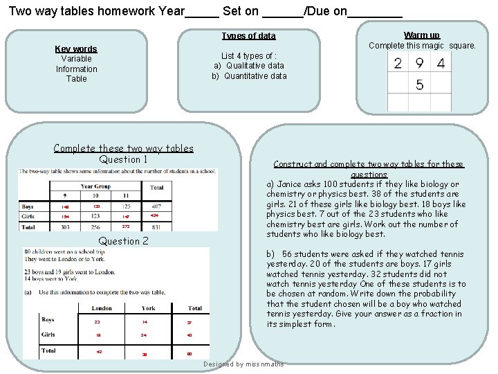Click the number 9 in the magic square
(419, 64)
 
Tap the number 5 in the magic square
(420, 85)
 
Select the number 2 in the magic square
(398, 64)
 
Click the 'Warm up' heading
(421, 35)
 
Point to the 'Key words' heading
(76, 48)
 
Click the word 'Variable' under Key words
(76, 59)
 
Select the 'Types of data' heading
(248, 36)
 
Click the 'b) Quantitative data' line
(249, 76)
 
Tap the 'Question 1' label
(124, 159)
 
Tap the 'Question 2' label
(124, 241)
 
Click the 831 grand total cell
(157, 227)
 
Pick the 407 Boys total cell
(157, 206)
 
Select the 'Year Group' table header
(95, 186)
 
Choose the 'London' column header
(101, 308)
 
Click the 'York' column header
(148, 308)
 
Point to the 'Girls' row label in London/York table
(48, 335)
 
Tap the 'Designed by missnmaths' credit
(243, 364)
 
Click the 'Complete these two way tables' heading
(124, 148)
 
